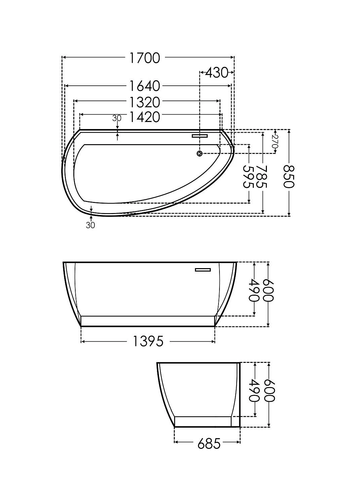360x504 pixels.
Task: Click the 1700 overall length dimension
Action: point(145,58)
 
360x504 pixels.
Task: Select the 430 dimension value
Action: point(216,73)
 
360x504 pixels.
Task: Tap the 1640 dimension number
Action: point(145,86)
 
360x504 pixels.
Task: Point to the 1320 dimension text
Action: point(145,101)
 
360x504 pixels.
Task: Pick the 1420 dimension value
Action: point(145,117)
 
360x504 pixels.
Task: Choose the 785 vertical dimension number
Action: point(262,177)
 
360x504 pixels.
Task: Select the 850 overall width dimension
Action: point(289,177)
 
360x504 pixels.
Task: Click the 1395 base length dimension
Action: point(148,341)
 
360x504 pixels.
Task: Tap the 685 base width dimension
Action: point(209,444)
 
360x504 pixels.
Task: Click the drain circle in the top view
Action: point(200,154)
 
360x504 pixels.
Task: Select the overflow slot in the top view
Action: point(200,136)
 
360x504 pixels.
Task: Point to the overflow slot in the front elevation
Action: point(203,269)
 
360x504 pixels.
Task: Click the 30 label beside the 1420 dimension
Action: point(117,118)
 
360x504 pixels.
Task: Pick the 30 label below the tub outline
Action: point(90,225)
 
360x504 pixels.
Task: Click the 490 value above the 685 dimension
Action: point(254,390)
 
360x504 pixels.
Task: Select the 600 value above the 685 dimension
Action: point(270,390)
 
